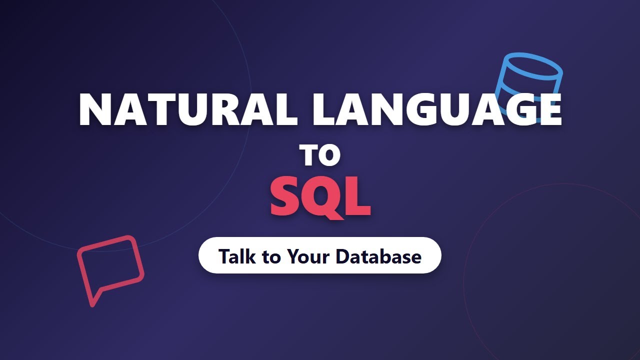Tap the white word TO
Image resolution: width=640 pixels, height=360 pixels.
(320, 155)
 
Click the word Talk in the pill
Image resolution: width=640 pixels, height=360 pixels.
(237, 256)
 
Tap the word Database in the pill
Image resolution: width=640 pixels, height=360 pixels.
(378, 256)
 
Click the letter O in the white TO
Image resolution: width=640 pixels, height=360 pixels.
(329, 155)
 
